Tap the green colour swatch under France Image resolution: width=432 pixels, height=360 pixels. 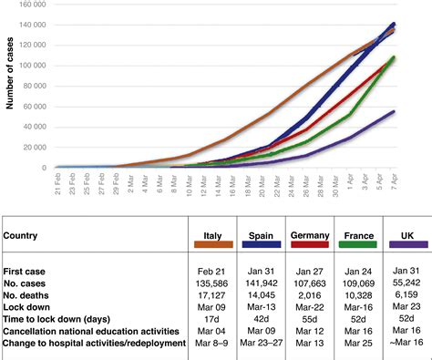point(355,246)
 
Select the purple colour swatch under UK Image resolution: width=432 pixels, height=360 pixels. point(405,246)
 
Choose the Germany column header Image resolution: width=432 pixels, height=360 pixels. point(309,235)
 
